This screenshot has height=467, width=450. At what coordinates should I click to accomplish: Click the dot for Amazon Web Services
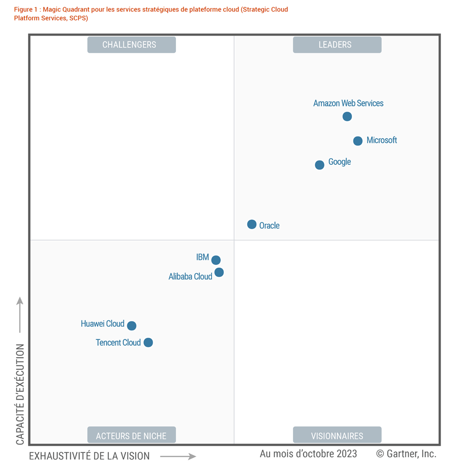pyautogui.click(x=347, y=117)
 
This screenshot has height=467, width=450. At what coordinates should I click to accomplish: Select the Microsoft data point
pyautogui.click(x=358, y=141)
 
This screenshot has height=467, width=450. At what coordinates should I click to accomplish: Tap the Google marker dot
pyautogui.click(x=319, y=165)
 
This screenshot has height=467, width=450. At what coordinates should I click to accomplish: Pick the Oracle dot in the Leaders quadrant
pyautogui.click(x=252, y=224)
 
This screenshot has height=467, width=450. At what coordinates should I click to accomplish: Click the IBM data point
pyautogui.click(x=216, y=260)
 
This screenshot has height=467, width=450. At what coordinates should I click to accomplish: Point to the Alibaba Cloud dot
pyautogui.click(x=219, y=272)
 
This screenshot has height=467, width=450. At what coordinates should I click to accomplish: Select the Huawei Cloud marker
pyautogui.click(x=132, y=326)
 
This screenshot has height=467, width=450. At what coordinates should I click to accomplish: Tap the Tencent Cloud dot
pyautogui.click(x=148, y=343)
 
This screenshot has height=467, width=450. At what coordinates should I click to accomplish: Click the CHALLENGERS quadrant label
pyautogui.click(x=131, y=45)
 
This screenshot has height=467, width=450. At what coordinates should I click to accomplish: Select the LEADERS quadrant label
pyautogui.click(x=337, y=45)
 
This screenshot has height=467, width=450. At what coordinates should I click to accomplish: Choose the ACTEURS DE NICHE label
pyautogui.click(x=131, y=436)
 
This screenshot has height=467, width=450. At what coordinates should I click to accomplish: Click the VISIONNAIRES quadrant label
pyautogui.click(x=337, y=436)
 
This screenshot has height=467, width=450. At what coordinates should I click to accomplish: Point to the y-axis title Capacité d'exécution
pyautogui.click(x=20, y=394)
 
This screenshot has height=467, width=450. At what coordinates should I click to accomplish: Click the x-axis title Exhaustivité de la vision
pyautogui.click(x=89, y=456)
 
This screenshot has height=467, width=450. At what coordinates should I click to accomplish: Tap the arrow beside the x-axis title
pyautogui.click(x=178, y=456)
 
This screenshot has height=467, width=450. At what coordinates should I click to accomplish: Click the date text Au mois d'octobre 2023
pyautogui.click(x=308, y=454)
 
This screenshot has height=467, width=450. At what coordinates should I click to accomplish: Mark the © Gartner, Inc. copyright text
pyautogui.click(x=406, y=454)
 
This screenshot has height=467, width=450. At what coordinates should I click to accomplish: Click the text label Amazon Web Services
pyautogui.click(x=348, y=103)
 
